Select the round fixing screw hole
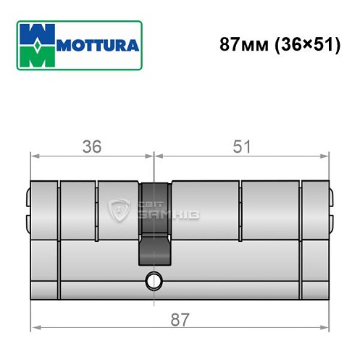click(153, 279)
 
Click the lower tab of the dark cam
click(154, 251)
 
